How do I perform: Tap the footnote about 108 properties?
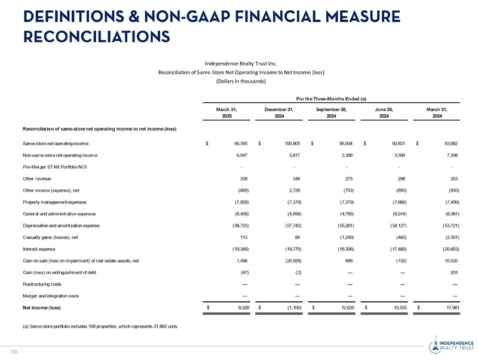(x=100, y=327)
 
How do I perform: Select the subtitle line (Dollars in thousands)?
(x=241, y=81)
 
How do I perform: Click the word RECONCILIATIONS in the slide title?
(x=96, y=37)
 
